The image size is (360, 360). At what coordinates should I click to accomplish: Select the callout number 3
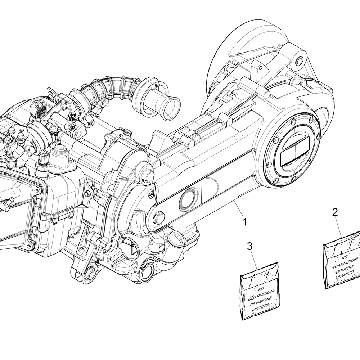pos(250,246)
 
